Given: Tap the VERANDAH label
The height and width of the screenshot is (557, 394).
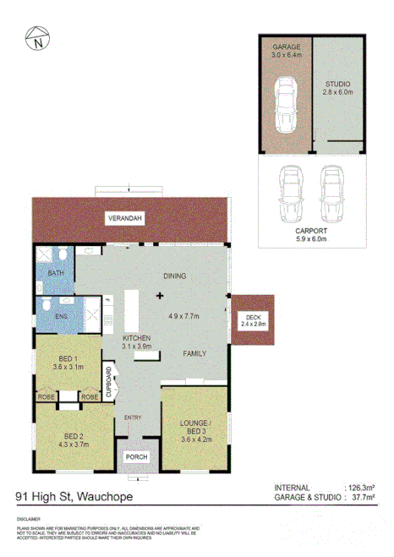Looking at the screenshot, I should [124, 219].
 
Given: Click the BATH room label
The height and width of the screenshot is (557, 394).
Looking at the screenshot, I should [56, 273].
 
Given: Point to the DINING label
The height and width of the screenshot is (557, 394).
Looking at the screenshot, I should [174, 276].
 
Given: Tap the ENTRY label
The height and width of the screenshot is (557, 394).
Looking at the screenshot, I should [134, 418].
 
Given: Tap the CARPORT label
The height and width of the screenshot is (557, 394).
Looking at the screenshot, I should [313, 229].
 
